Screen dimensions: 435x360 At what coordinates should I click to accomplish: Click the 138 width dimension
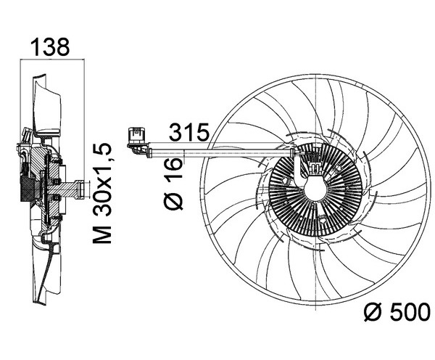point(50,47)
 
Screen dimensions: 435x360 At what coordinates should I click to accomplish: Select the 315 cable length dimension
point(189,132)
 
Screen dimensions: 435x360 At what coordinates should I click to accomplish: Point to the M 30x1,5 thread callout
point(102,194)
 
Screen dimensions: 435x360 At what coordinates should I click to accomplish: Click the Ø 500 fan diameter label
point(397,312)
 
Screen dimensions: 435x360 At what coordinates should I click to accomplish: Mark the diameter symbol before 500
point(373,313)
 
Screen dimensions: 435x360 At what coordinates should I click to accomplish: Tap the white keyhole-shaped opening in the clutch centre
point(315,188)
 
